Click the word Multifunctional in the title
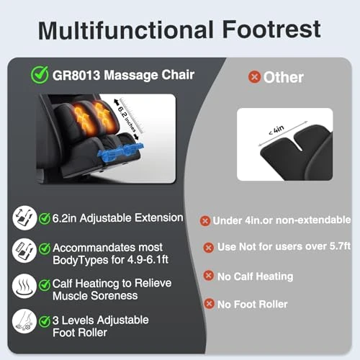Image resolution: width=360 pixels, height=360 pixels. click(125, 31)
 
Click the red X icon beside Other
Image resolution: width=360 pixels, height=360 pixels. click(254, 77)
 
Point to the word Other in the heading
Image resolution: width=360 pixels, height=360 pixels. click(284, 77)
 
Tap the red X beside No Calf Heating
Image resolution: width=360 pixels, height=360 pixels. click(208, 276)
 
